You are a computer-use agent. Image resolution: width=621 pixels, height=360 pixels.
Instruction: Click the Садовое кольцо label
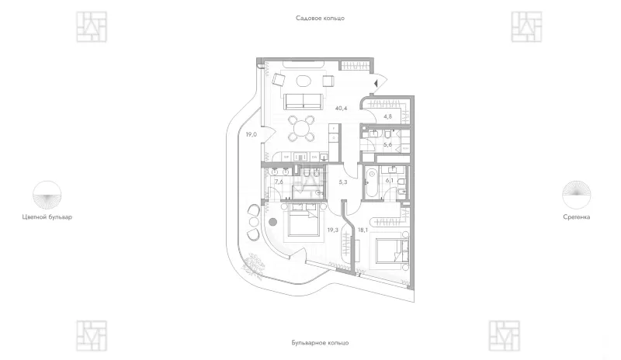tap(320, 18)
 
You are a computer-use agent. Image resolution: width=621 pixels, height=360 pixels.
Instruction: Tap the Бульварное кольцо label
tap(320, 343)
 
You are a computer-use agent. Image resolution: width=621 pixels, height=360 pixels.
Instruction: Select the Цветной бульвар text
tap(47, 217)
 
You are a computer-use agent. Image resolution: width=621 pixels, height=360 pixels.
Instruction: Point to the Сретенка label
tap(576, 217)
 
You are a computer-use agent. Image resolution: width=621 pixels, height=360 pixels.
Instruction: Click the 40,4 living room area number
tap(341, 108)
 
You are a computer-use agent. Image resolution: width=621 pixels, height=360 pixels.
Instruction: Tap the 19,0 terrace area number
tap(251, 135)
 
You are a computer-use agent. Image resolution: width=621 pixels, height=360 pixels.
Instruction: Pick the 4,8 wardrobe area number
tap(387, 117)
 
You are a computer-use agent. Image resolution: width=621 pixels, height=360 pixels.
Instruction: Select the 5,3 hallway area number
tap(343, 182)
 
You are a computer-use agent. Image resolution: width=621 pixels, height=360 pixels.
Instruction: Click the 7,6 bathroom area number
tap(279, 182)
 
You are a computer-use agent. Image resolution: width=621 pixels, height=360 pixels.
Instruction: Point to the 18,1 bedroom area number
tap(363, 230)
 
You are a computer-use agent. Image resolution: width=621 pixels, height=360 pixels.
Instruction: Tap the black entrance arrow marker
tap(376, 83)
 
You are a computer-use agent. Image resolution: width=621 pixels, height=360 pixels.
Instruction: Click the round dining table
tap(302, 129)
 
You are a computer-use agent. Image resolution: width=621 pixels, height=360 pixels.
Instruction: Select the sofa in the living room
tap(304, 102)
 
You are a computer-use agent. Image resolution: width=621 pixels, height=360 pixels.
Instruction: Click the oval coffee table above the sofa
tap(304, 81)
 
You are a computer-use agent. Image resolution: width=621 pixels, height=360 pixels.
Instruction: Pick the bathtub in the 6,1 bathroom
tap(372, 183)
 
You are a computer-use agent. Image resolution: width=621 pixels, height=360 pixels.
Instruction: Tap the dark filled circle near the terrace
tap(272, 222)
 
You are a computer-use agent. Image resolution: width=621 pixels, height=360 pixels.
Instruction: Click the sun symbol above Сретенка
tap(576, 195)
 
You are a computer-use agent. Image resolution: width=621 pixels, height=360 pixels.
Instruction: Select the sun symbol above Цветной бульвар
tap(47, 195)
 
